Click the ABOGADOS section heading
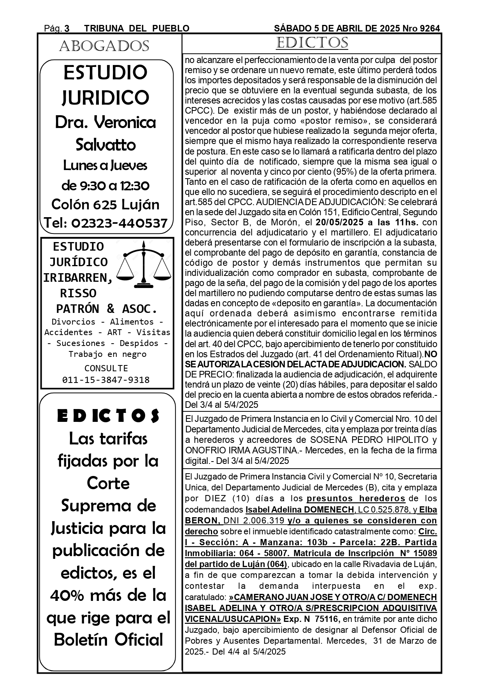[104, 46]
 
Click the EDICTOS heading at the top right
[312, 43]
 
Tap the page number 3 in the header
[67, 28]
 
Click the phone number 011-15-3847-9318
[106, 380]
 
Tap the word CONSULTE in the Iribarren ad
[106, 368]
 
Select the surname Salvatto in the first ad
[105, 145]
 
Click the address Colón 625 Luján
[105, 205]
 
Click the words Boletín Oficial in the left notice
[109, 640]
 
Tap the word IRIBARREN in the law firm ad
[78, 277]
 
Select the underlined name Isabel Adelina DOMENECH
[300, 509]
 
